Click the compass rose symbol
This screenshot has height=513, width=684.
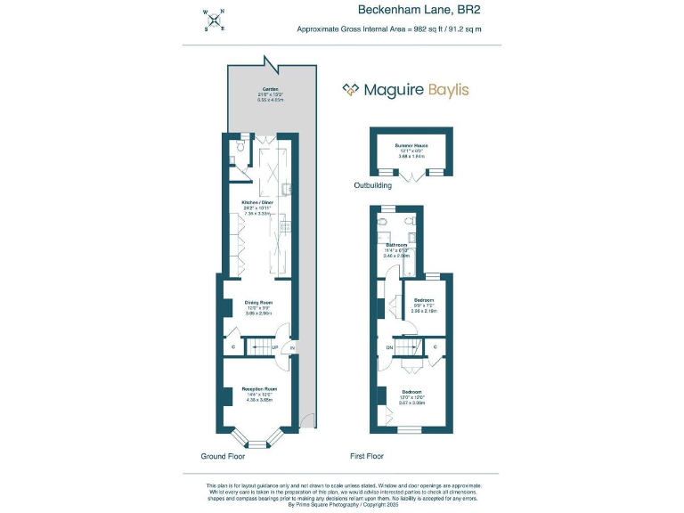[x=215, y=20]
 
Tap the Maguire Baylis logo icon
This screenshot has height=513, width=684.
[x=353, y=89]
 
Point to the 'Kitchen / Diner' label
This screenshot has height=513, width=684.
[x=256, y=202]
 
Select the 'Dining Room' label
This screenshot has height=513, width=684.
[x=258, y=303]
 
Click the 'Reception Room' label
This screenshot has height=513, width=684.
[x=259, y=389]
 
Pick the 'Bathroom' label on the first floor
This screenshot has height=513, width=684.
[x=395, y=244]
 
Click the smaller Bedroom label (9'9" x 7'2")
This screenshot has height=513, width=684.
[x=424, y=300]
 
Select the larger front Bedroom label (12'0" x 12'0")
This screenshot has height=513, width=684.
[x=411, y=392]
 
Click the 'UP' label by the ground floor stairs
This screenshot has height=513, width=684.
[x=274, y=346]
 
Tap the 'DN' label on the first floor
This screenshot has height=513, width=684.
[x=388, y=346]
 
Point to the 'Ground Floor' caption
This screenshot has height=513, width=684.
[x=224, y=455]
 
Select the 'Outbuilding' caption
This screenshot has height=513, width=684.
[x=373, y=186]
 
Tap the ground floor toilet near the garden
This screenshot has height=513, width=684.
[x=231, y=160]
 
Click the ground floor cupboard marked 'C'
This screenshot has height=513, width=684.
[x=233, y=346]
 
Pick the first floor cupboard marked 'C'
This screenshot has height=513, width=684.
[x=436, y=346]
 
